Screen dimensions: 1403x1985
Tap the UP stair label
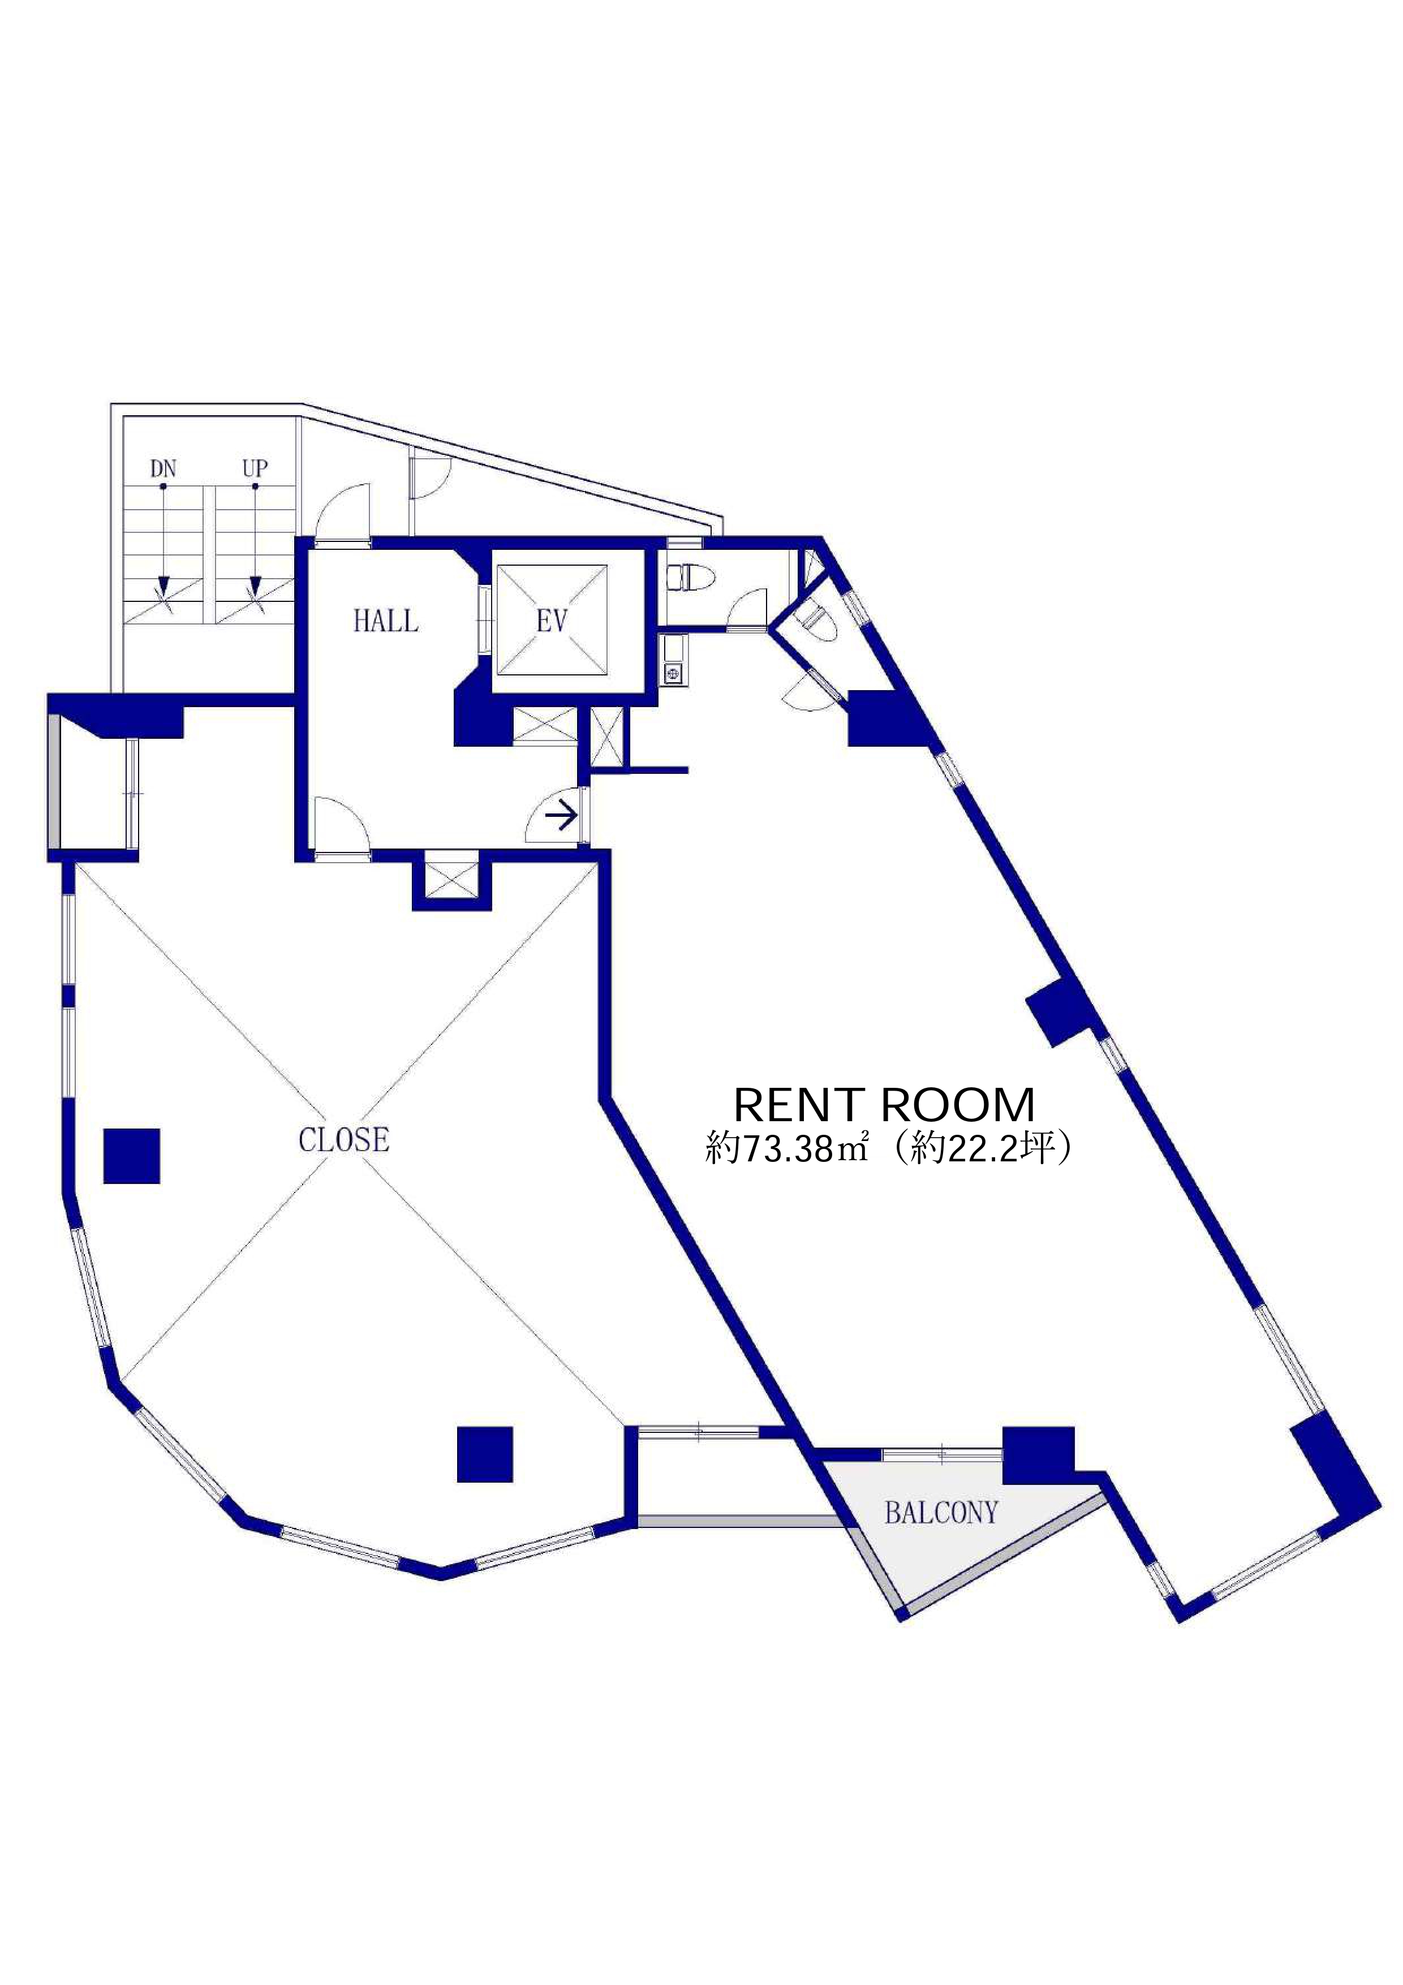255,470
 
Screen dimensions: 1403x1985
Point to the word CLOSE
344,1140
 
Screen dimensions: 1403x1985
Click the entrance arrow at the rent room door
561,816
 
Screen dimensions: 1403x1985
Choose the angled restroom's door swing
810,689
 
